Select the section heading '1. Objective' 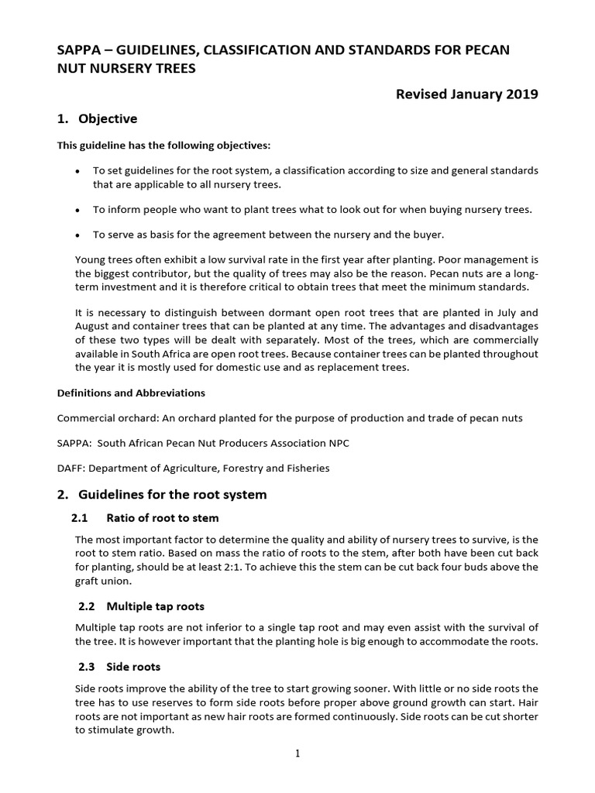pyautogui.click(x=97, y=118)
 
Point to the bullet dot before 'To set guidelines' pyautogui.click(x=78, y=170)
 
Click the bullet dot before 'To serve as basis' pyautogui.click(x=78, y=235)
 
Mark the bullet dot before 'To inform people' pyautogui.click(x=78, y=210)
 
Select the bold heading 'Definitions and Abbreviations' pyautogui.click(x=131, y=393)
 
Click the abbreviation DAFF pyautogui.click(x=71, y=468)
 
